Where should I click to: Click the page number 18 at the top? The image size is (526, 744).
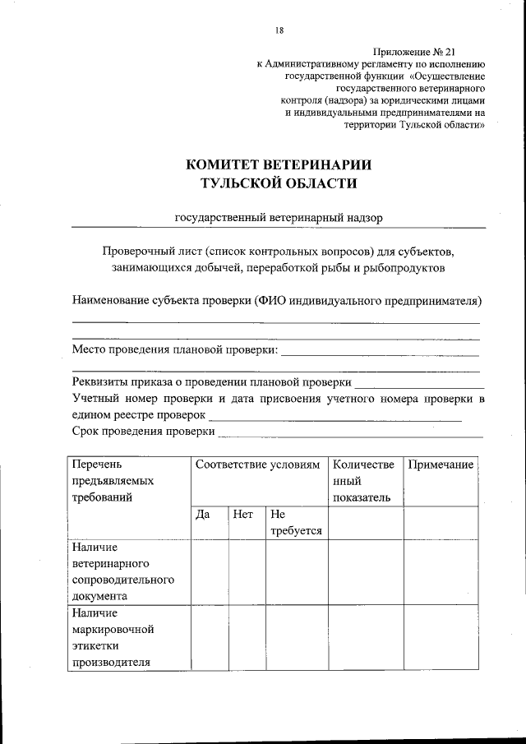point(279,30)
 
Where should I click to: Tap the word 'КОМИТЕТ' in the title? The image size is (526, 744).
point(233,164)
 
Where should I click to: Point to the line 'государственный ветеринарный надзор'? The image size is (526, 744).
point(279,218)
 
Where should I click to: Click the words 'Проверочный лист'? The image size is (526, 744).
point(152,249)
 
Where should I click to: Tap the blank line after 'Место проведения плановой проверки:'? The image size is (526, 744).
point(380,352)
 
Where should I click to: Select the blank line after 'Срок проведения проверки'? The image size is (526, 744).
point(350,432)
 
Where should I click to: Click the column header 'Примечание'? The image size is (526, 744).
point(441,465)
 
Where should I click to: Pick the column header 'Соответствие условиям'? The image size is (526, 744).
point(256,465)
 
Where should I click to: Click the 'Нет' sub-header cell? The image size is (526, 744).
point(243,515)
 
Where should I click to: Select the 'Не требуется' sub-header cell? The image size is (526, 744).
point(295,523)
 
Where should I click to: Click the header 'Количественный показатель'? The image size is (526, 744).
point(364,482)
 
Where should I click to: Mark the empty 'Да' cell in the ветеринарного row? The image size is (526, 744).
point(210,572)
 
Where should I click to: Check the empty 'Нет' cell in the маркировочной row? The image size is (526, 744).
point(247,638)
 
